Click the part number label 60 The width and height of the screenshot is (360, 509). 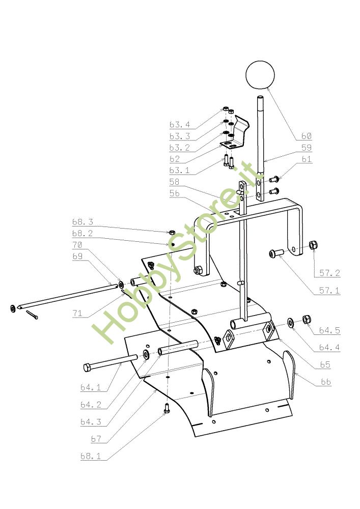pyautogui.click(x=306, y=136)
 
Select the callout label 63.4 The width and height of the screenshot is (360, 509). pyautogui.click(x=180, y=125)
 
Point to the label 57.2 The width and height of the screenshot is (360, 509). pyautogui.click(x=330, y=273)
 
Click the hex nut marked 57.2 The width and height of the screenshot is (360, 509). pyautogui.click(x=314, y=245)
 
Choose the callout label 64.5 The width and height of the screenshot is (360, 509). pyautogui.click(x=329, y=330)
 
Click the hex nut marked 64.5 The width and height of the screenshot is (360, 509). pyautogui.click(x=307, y=320)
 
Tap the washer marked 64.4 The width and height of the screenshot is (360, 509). pyautogui.click(x=291, y=322)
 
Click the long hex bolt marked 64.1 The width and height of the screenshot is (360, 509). pyautogui.click(x=109, y=363)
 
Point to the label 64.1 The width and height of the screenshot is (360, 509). pyautogui.click(x=91, y=387)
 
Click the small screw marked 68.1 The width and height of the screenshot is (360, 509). pyautogui.click(x=167, y=407)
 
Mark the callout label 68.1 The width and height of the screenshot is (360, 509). pyautogui.click(x=91, y=457)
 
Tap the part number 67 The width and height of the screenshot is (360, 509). pyautogui.click(x=96, y=439)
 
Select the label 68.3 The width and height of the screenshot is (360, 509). pyautogui.click(x=82, y=222)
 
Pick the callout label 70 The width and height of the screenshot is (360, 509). pyautogui.click(x=77, y=245)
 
